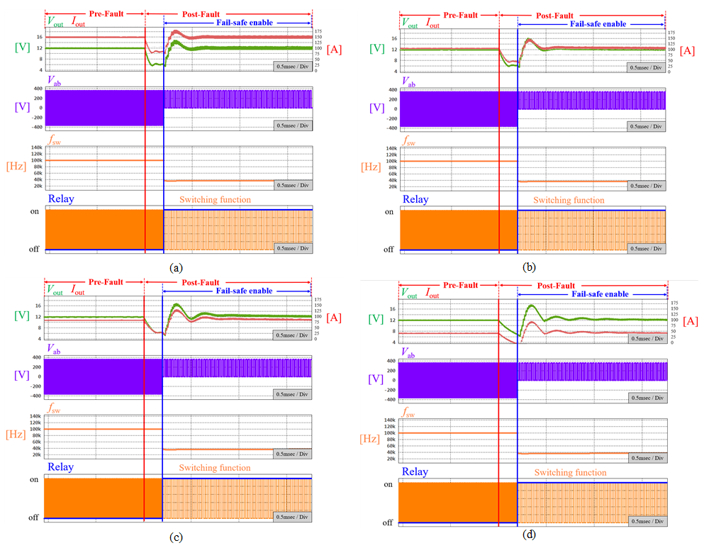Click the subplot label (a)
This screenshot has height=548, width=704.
[176, 268]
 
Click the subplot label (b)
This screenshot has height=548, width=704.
[528, 268]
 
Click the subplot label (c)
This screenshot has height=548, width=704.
[176, 537]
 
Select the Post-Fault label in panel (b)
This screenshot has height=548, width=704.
[554, 15]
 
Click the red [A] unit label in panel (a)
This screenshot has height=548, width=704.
[335, 49]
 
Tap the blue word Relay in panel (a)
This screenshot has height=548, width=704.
[61, 199]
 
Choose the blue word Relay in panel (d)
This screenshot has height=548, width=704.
[415, 471]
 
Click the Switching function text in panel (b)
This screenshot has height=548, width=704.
[569, 200]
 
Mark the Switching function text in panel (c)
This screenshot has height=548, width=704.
[214, 468]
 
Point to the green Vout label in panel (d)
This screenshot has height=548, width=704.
[410, 292]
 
